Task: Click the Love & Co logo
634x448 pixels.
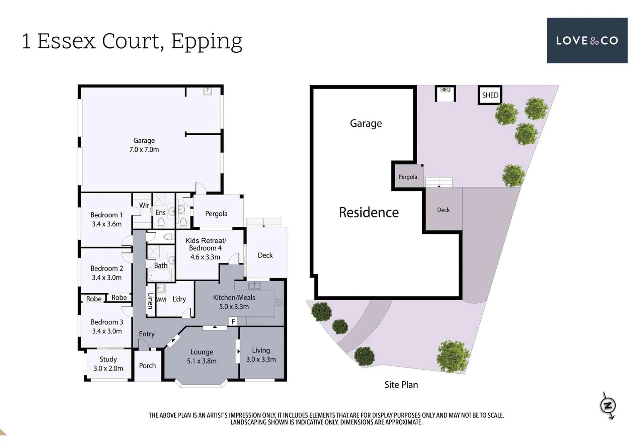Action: [587, 41]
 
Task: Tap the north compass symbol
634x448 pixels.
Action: [608, 405]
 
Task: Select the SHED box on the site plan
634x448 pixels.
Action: [490, 95]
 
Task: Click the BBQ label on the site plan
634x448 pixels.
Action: [445, 90]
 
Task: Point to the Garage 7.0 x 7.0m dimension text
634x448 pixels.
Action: [144, 149]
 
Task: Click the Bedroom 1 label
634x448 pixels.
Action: [107, 215]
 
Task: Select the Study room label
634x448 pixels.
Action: [108, 359]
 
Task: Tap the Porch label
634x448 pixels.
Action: [148, 365]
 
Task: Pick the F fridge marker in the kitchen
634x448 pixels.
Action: [233, 322]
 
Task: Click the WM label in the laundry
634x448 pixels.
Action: [161, 299]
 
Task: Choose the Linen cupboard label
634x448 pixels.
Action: [150, 301]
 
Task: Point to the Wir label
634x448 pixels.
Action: [144, 205]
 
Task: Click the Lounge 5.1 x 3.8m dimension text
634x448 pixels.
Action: [202, 361]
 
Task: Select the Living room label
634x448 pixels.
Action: [261, 350]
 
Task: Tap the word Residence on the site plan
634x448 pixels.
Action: [369, 212]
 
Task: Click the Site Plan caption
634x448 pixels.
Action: [401, 385]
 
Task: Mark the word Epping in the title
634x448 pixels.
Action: [206, 42]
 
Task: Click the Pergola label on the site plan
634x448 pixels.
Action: [408, 177]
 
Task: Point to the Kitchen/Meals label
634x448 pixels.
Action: [234, 297]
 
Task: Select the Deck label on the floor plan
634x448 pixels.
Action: [265, 256]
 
